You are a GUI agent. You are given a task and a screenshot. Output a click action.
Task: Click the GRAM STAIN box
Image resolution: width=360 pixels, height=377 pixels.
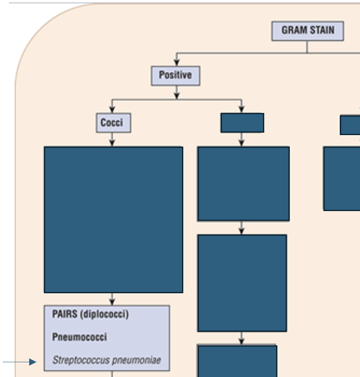(307, 31)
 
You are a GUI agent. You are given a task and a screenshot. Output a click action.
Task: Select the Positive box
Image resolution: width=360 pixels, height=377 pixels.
(175, 76)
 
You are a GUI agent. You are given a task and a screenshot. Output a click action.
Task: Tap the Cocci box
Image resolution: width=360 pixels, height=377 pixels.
(113, 123)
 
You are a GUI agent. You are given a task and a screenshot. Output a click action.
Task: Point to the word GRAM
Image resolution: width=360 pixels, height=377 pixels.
(295, 30)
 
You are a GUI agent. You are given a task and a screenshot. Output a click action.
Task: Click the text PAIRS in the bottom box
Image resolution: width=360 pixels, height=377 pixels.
(65, 314)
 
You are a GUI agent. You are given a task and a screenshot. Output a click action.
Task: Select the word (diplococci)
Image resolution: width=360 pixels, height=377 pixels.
(105, 315)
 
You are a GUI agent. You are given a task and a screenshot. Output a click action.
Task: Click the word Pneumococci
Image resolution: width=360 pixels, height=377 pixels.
(79, 337)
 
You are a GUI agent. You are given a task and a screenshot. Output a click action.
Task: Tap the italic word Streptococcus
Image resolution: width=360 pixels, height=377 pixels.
(81, 360)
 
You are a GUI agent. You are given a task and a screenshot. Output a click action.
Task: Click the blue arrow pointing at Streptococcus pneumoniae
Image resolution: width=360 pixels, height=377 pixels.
(19, 362)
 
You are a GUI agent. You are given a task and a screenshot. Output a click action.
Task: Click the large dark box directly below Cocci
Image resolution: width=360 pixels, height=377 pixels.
(113, 220)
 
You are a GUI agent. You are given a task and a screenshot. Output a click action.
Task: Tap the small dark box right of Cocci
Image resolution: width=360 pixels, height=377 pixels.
(242, 123)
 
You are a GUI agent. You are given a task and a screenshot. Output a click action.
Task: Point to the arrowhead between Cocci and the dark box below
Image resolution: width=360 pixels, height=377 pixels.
(112, 143)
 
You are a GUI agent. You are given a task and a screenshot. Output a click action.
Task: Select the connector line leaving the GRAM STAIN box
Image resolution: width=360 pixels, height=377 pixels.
(307, 47)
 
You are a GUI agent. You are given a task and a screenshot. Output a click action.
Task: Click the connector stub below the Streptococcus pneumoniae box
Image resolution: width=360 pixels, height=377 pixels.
(112, 374)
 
